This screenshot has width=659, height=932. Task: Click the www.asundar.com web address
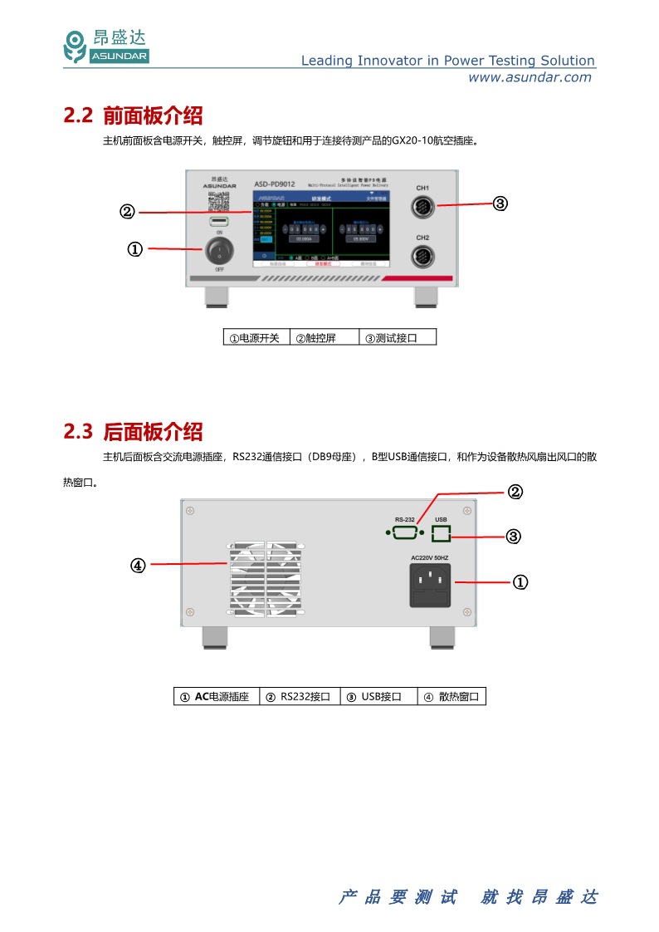[530, 77]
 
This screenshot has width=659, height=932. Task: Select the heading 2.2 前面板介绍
[133, 115]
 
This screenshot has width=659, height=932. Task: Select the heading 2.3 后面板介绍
[133, 432]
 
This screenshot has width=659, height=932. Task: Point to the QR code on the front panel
[218, 201]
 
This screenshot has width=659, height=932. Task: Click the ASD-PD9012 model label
[274, 184]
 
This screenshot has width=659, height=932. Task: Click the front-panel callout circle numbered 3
[500, 204]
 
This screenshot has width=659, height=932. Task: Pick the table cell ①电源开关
[255, 338]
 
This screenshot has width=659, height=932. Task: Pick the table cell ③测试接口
[397, 338]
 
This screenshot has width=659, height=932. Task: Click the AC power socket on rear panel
[431, 586]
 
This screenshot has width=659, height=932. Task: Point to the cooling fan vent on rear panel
[266, 578]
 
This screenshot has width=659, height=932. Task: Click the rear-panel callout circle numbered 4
[138, 566]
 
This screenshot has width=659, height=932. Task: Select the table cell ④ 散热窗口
[451, 697]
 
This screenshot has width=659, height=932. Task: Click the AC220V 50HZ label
[430, 557]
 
